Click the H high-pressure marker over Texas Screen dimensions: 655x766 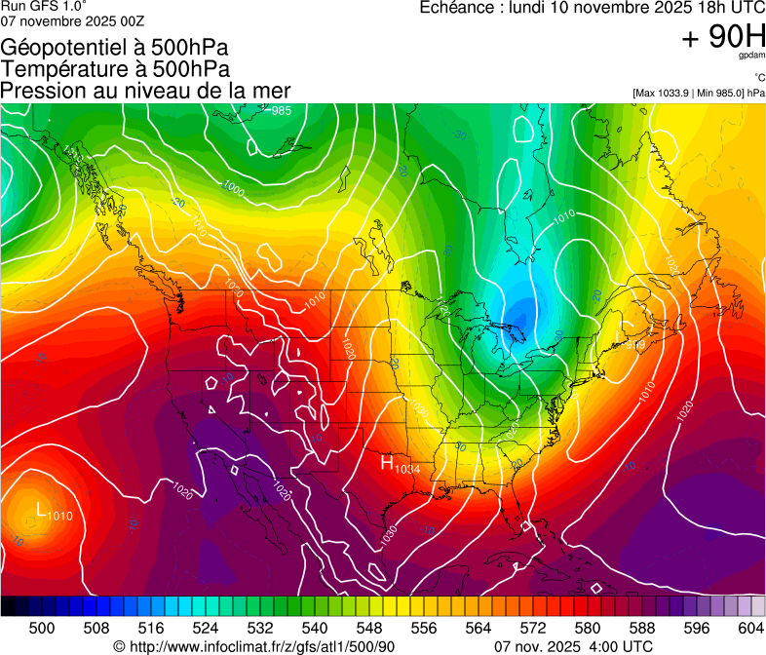(x=387, y=464)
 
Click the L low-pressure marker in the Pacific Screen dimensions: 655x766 (x=40, y=509)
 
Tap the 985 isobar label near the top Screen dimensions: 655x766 (x=281, y=111)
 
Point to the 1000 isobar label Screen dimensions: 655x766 (x=233, y=186)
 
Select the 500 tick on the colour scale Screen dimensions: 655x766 (x=42, y=628)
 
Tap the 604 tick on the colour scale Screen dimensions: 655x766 (x=749, y=628)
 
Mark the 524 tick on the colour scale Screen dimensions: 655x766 (x=206, y=628)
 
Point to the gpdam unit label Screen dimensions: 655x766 (x=751, y=56)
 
